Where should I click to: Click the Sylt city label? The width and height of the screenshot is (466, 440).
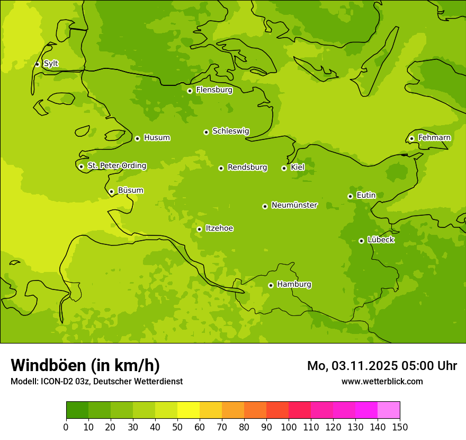pyautogui.click(x=51, y=64)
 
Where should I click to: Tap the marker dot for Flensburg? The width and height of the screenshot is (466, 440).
pyautogui.click(x=190, y=91)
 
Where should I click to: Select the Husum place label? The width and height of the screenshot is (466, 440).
pyautogui.click(x=157, y=138)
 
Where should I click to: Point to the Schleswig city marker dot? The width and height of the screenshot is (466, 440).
pyautogui.click(x=206, y=132)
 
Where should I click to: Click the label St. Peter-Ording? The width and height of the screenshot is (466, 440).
pyautogui.click(x=117, y=166)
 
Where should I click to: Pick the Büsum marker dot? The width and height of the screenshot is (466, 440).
pyautogui.click(x=111, y=191)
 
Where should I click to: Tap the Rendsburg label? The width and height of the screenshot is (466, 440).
pyautogui.click(x=247, y=168)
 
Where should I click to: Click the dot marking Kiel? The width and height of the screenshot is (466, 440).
pyautogui.click(x=284, y=168)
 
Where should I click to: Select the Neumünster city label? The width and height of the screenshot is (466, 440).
pyautogui.click(x=294, y=205)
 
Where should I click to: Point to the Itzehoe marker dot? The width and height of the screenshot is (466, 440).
pyautogui.click(x=199, y=229)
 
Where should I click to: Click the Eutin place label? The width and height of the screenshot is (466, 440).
pyautogui.click(x=366, y=196)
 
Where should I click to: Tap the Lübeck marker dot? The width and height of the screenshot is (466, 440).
pyautogui.click(x=361, y=241)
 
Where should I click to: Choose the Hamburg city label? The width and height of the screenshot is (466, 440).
pyautogui.click(x=294, y=285)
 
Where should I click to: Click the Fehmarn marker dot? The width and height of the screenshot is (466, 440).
pyautogui.click(x=411, y=138)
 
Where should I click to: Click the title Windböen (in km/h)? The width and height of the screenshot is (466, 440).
pyautogui.click(x=85, y=365)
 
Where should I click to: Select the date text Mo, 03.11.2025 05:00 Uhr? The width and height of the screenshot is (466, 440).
pyautogui.click(x=382, y=366)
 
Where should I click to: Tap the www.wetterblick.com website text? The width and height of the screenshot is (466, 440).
pyautogui.click(x=382, y=381)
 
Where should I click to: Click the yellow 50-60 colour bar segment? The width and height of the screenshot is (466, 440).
pyautogui.click(x=189, y=410)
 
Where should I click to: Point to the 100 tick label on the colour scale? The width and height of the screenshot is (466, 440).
pyautogui.click(x=289, y=427)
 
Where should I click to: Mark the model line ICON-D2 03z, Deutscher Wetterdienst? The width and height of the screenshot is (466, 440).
pyautogui.click(x=96, y=381)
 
